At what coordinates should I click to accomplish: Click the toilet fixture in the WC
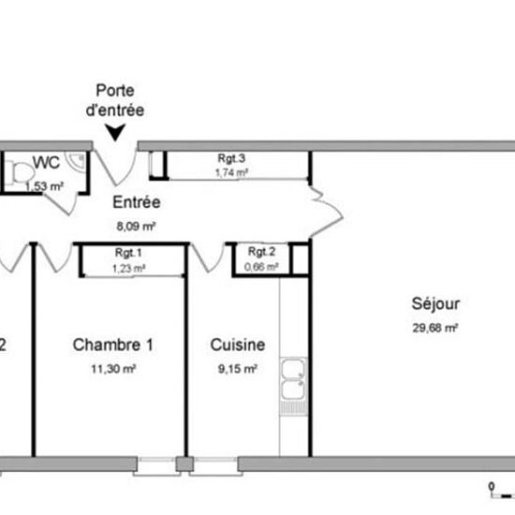[x=16, y=172]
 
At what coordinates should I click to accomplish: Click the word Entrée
[x=136, y=202]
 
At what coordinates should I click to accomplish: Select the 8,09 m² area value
[x=136, y=226]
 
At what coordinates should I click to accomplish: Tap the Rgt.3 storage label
[x=230, y=158]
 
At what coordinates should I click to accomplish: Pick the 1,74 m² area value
[x=230, y=172]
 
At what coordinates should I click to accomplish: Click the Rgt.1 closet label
[x=128, y=253]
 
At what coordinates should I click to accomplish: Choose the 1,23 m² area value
[x=128, y=269]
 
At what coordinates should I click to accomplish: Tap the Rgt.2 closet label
[x=261, y=253]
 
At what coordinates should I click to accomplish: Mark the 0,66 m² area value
[x=261, y=267]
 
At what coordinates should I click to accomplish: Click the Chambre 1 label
[x=112, y=345]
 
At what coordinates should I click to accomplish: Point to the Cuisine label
[x=237, y=345]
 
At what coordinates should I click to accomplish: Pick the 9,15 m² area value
[x=238, y=369]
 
